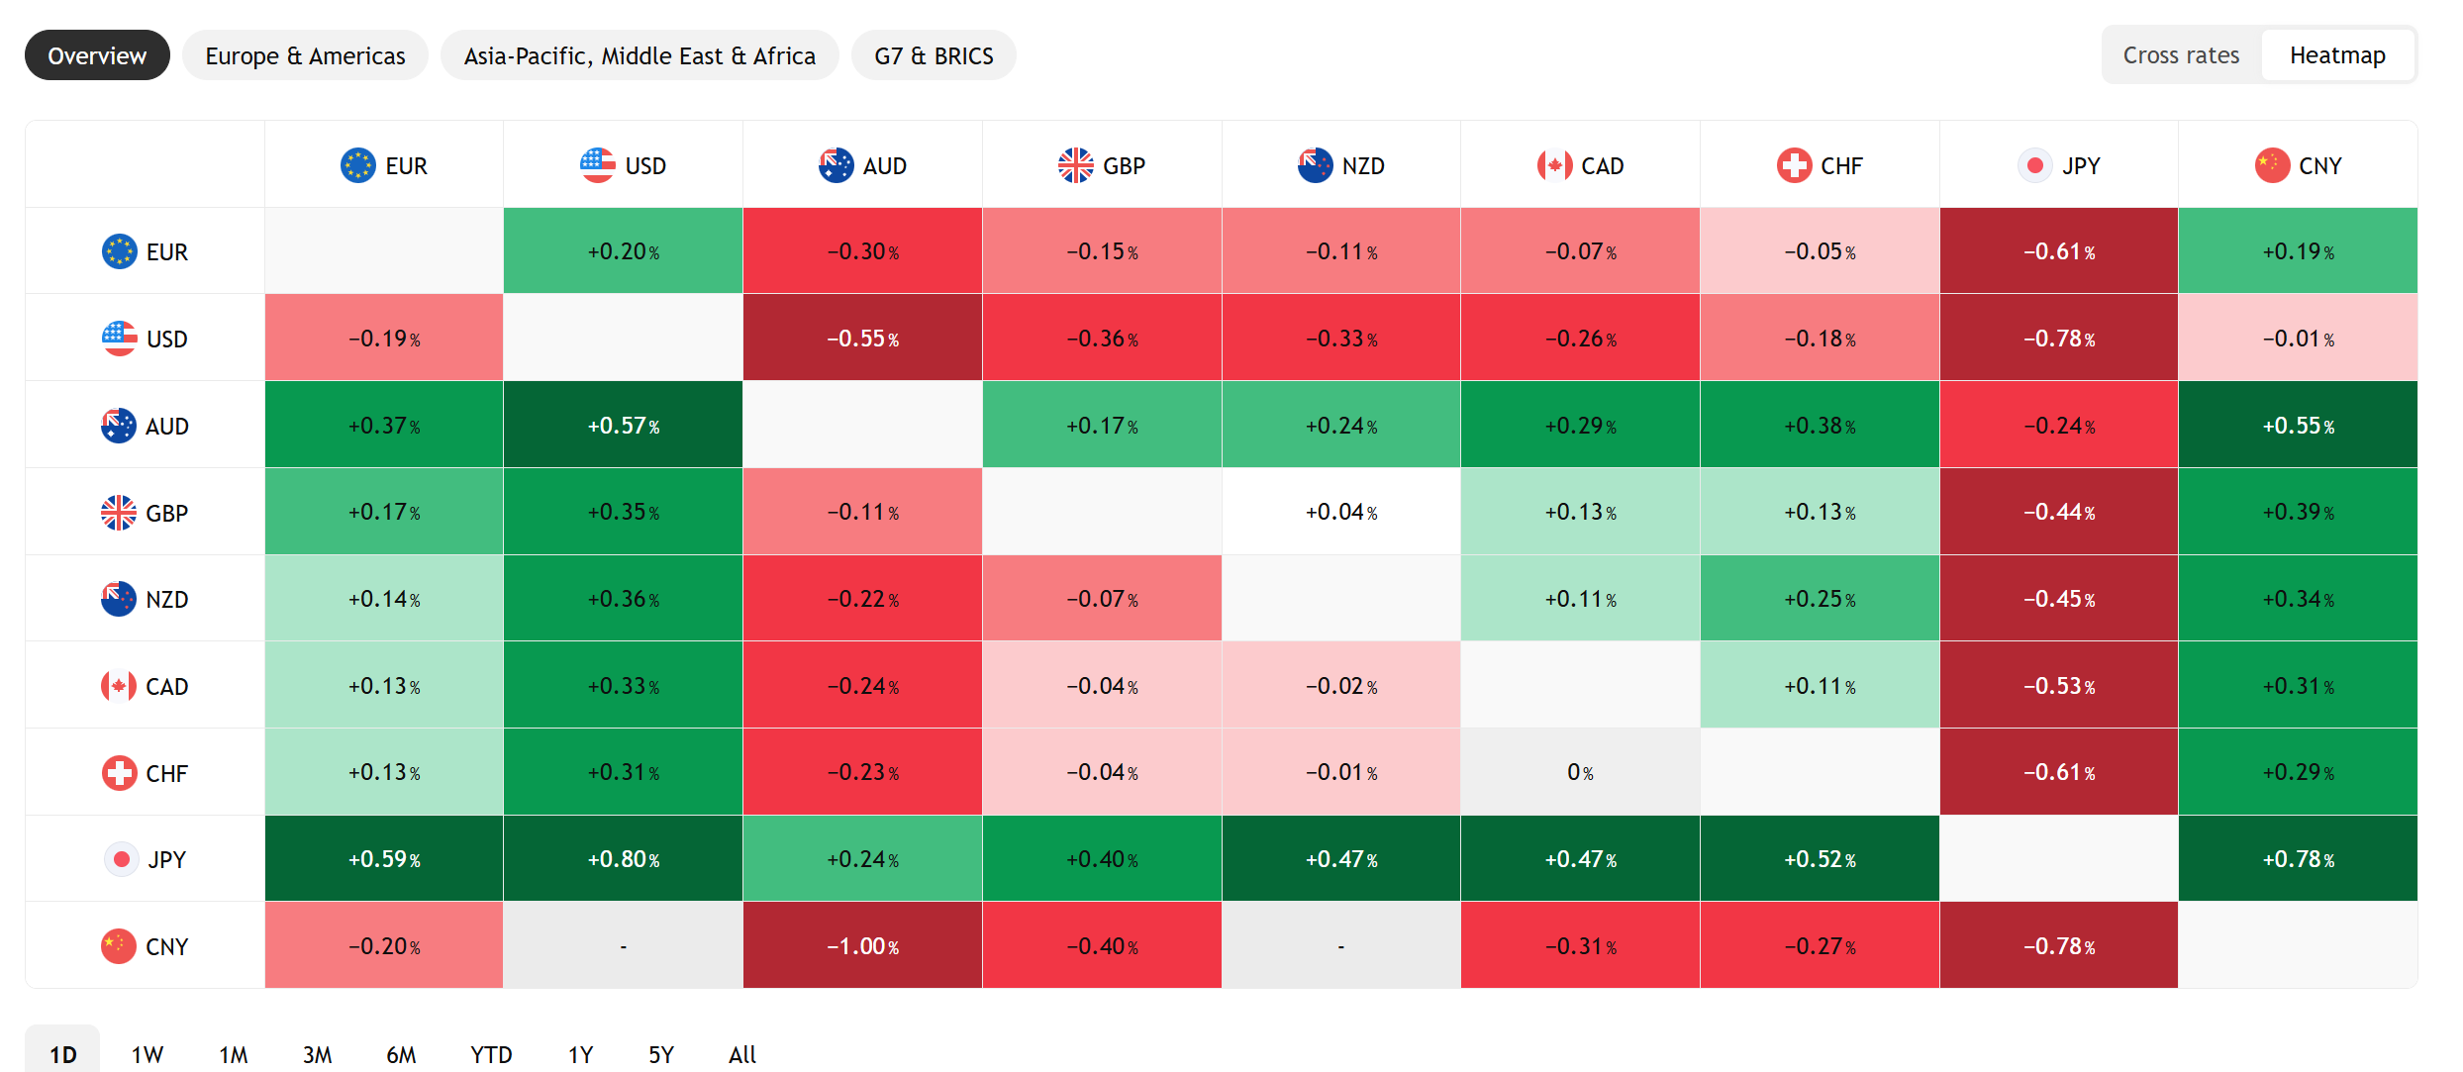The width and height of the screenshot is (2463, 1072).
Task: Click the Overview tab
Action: [x=97, y=55]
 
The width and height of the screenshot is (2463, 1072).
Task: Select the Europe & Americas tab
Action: [x=305, y=55]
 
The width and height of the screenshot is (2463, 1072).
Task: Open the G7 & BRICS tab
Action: [x=934, y=55]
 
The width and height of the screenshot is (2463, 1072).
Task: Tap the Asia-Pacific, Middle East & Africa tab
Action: [x=640, y=55]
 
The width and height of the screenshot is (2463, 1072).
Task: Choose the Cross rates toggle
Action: [x=2181, y=55]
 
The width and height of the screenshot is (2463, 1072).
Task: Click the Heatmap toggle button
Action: [x=2337, y=55]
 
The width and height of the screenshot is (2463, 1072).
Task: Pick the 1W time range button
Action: [x=148, y=1053]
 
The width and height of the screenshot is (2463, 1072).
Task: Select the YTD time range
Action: [x=491, y=1053]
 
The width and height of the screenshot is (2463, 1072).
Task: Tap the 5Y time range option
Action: [x=661, y=1053]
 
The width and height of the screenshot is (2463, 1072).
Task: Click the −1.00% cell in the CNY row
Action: [x=862, y=945]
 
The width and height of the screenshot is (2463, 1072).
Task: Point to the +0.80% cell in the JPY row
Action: [x=623, y=858]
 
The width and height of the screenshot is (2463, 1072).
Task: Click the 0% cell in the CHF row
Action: [x=1580, y=772]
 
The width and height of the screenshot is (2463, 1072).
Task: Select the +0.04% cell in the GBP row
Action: [x=1340, y=512]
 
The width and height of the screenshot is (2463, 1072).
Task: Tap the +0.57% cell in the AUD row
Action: [x=623, y=425]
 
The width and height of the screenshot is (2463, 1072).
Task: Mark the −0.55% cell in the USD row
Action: [x=862, y=338]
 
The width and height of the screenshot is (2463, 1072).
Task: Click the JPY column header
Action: [x=2059, y=165]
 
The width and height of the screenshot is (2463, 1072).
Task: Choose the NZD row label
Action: [x=145, y=599]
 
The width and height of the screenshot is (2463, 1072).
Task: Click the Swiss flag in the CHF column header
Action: [x=1794, y=165]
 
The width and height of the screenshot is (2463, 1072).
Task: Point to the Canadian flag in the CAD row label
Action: [x=119, y=686]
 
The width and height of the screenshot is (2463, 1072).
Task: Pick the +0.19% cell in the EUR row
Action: [x=2298, y=251]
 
